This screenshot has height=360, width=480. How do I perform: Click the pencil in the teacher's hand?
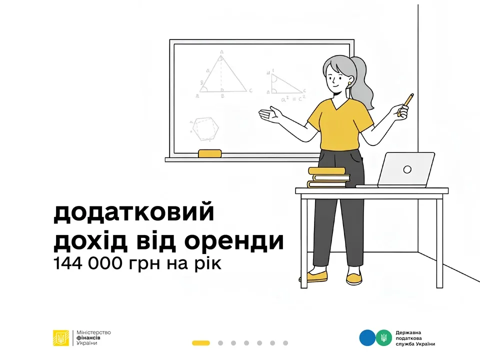click(x=406, y=104)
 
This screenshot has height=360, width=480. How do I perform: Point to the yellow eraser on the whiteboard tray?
click(x=209, y=153)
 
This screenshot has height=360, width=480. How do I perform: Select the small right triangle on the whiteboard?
click(x=283, y=84)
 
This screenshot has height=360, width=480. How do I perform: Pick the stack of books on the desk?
click(x=327, y=177)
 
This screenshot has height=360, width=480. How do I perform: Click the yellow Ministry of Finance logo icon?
click(x=62, y=338)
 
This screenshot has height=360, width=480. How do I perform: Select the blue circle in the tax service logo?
click(x=366, y=337)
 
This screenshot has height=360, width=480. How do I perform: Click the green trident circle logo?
click(x=383, y=337)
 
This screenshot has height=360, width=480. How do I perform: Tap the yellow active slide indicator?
click(x=200, y=343)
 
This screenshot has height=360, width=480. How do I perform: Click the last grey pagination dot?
click(x=285, y=343)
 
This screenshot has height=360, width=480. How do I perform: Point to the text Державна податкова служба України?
click(x=415, y=338)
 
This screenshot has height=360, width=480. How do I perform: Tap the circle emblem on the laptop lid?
click(x=407, y=169)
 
